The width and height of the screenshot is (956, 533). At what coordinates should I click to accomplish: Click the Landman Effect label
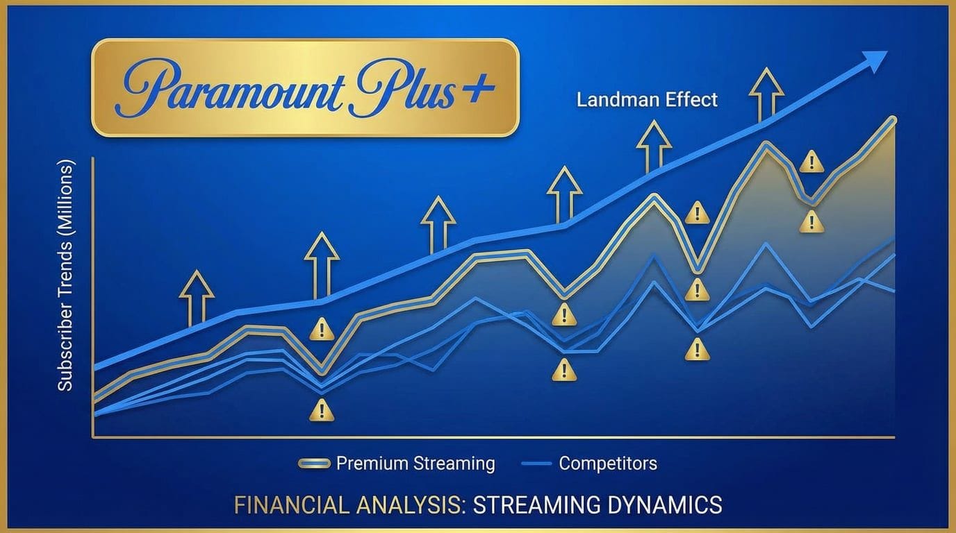[647, 99]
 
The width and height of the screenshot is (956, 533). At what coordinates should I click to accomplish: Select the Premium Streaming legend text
[415, 463]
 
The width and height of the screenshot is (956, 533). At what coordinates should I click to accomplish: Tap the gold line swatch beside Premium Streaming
[313, 464]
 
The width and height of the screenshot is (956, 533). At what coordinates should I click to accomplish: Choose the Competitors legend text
[608, 463]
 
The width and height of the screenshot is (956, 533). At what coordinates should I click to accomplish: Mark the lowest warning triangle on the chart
[322, 410]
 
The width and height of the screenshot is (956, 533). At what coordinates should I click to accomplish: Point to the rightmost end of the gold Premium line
[893, 121]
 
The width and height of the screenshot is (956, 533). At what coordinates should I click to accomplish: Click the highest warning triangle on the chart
[811, 162]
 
